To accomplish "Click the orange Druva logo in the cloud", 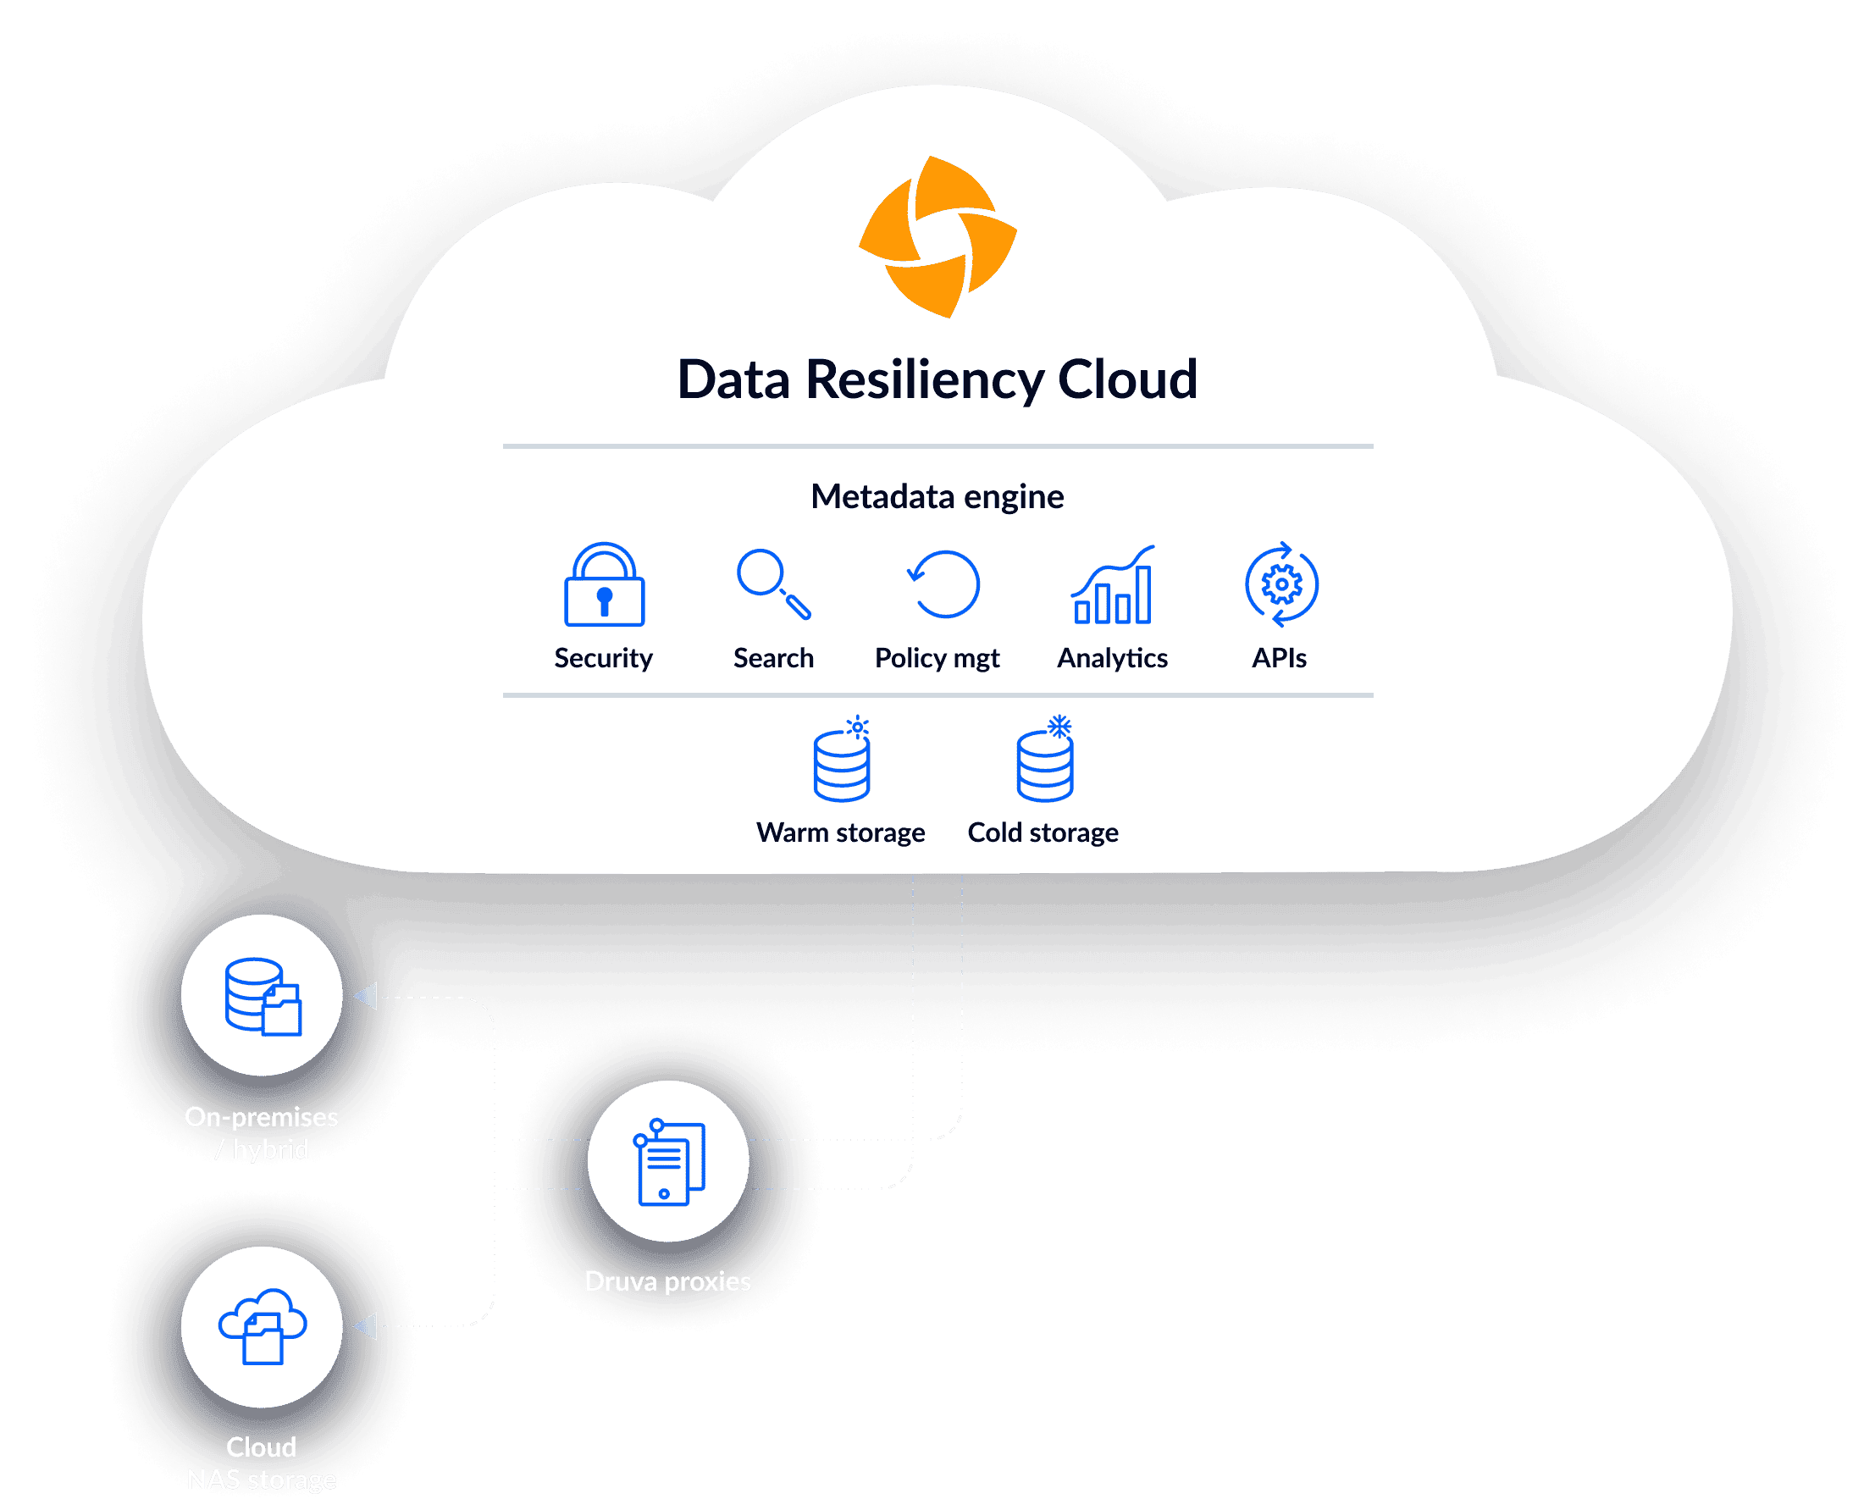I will point(937,236).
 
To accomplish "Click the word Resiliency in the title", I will point(924,380).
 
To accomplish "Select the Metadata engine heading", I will point(937,496).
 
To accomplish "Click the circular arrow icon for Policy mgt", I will point(943,584).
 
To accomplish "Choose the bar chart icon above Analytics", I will point(1112,585).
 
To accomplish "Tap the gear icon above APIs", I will point(1281,584).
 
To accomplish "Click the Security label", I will point(604,658).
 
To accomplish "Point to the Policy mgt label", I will point(937,658).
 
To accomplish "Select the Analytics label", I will point(1112,658).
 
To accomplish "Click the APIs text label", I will point(1279,658).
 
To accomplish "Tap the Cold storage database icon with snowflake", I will point(1045,761).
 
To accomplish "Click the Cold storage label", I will point(1043,832).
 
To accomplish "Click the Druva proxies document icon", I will point(668,1162).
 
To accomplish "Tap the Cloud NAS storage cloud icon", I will point(262,1326).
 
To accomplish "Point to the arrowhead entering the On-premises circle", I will point(366,997).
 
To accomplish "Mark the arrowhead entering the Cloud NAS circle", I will point(366,1326).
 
